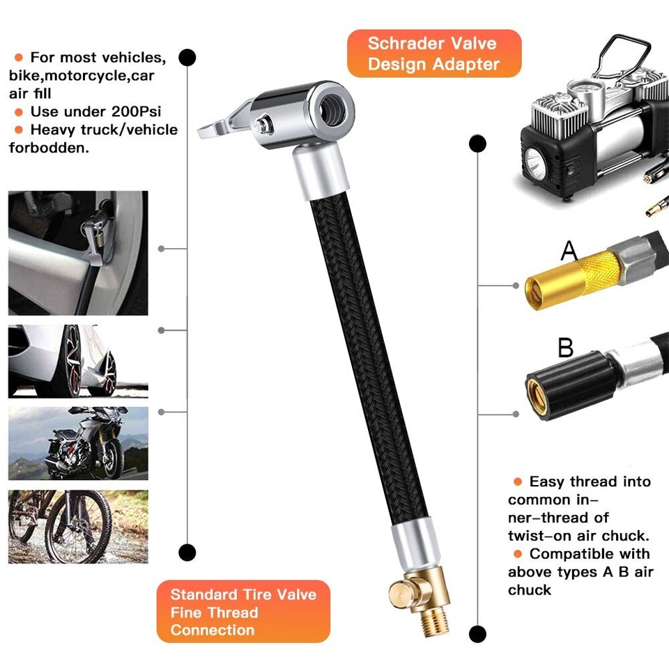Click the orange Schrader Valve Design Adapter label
433,53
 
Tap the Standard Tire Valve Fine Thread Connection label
243,612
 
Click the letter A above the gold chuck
569,250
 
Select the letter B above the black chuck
565,346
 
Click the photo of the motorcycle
78,443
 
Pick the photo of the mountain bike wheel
78,527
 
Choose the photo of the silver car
78,361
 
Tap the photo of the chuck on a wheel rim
78,253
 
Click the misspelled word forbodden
49,148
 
